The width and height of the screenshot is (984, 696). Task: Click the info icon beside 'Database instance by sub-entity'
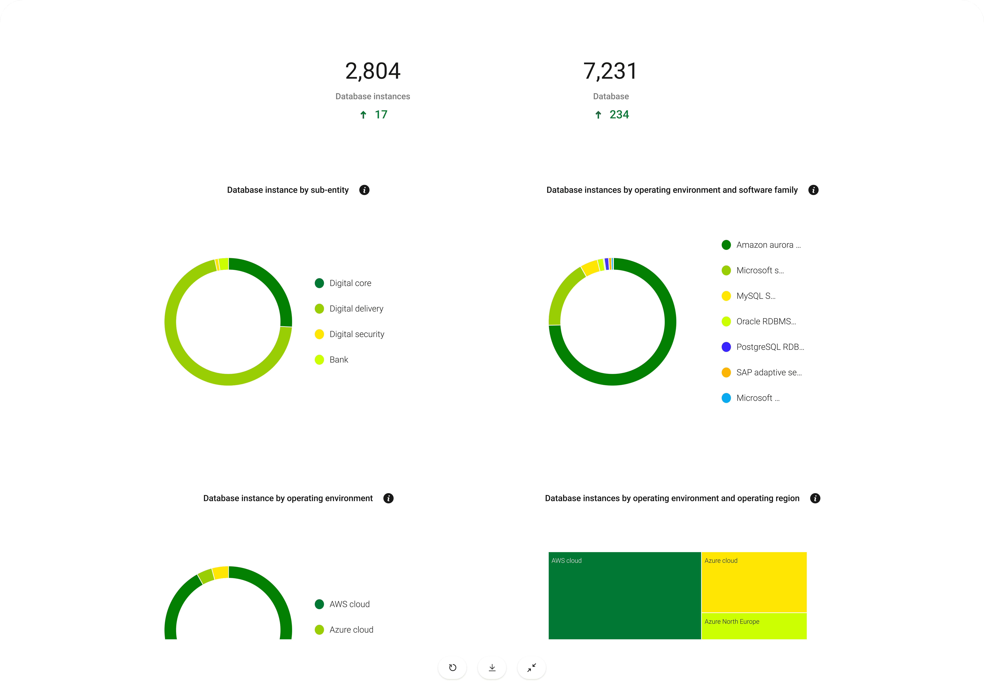click(364, 190)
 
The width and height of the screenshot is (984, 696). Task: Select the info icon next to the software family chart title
click(813, 190)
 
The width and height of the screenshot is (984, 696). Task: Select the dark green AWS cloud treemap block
click(624, 596)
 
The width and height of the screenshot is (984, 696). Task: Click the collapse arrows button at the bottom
click(531, 668)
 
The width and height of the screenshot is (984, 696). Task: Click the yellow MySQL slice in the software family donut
click(590, 268)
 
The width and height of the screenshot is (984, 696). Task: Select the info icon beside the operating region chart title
click(815, 498)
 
